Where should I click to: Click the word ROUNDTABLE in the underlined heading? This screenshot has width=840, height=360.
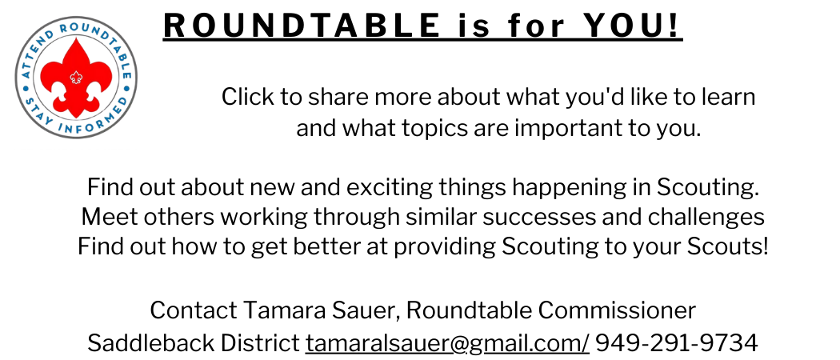(302, 25)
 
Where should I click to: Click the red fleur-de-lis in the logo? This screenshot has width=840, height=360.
(76, 78)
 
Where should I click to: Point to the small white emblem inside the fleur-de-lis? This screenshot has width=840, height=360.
(76, 77)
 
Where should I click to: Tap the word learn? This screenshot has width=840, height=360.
(730, 98)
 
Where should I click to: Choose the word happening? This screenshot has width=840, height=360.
(566, 188)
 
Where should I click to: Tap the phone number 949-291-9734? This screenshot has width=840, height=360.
(677, 342)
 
